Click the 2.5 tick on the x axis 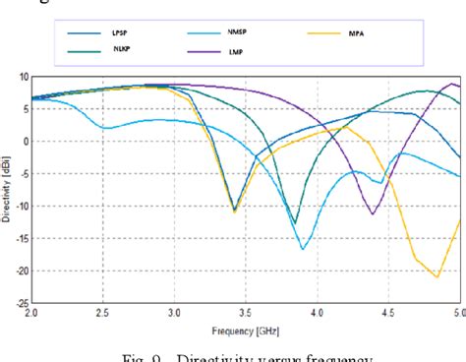(x=103, y=313)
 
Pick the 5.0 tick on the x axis (x=458, y=313)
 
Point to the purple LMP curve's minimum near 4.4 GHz (x=373, y=213)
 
